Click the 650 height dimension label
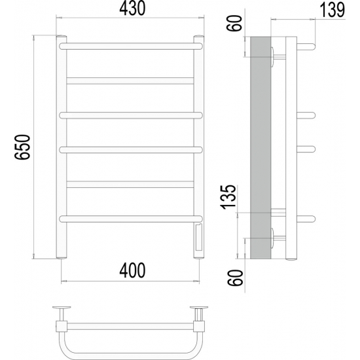tap(22, 147)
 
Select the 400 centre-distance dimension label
tap(132, 270)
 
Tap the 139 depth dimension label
tap(333, 10)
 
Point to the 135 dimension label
tap(228, 197)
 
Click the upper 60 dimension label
tap(234, 23)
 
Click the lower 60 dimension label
tap(234, 278)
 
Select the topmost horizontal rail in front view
tap(131, 46)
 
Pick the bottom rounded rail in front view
tap(131, 219)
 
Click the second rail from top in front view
tap(130, 81)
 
